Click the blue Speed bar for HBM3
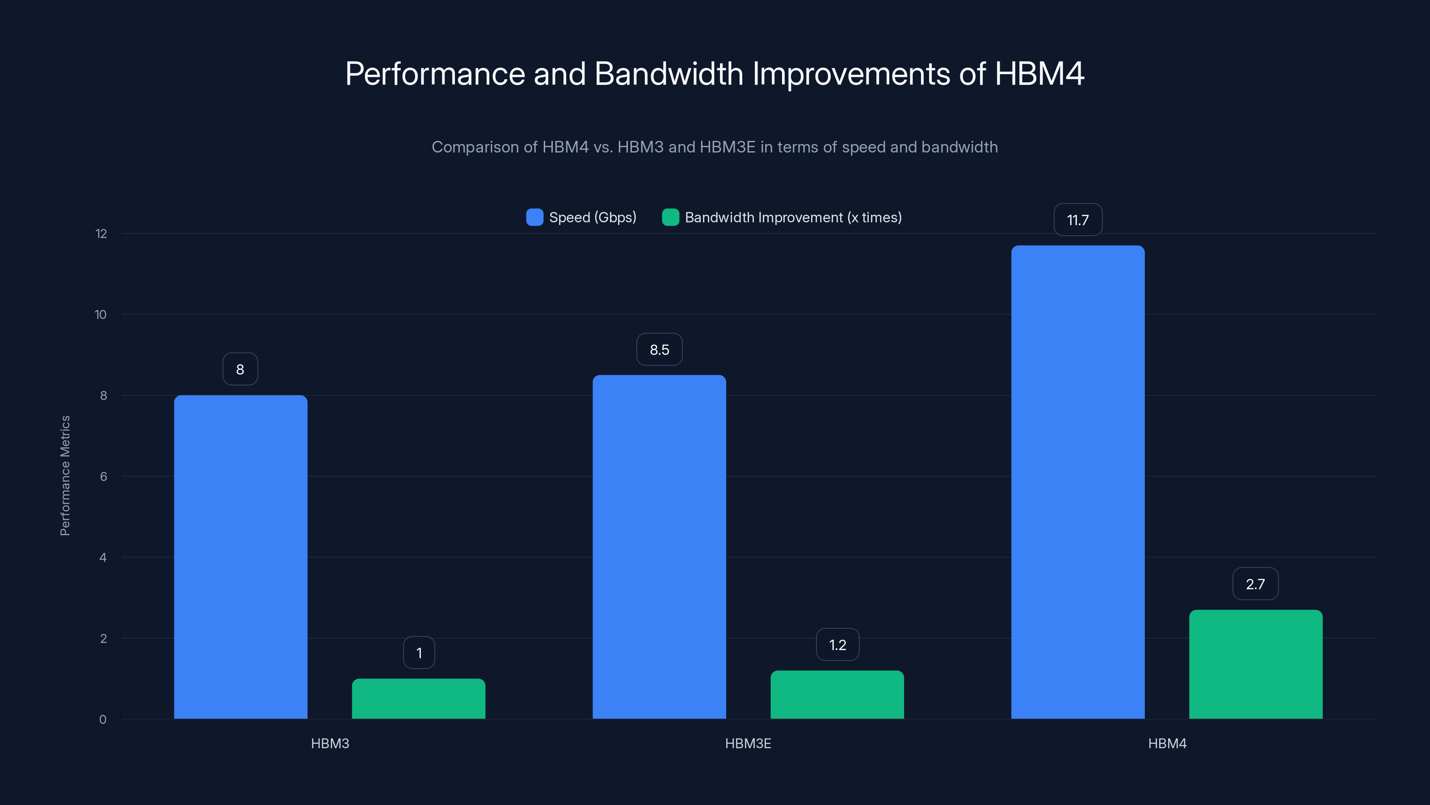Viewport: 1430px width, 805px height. click(x=240, y=557)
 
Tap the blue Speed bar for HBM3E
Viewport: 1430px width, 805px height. click(x=659, y=547)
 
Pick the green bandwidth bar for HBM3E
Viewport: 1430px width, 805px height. click(x=837, y=695)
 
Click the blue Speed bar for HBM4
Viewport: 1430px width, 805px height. click(x=1077, y=482)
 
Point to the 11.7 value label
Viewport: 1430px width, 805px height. click(x=1077, y=220)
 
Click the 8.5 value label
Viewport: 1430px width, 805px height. click(x=659, y=349)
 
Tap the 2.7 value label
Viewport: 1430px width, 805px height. click(x=1255, y=584)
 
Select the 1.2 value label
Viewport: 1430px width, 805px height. click(x=837, y=644)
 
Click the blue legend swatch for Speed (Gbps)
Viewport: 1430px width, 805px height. click(x=534, y=217)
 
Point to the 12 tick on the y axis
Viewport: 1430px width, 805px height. click(x=101, y=234)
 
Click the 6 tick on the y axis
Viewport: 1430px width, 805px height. click(x=103, y=477)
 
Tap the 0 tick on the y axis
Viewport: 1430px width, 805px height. click(x=103, y=720)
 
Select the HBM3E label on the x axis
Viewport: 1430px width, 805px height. click(x=748, y=743)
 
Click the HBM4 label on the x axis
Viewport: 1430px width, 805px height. click(x=1167, y=743)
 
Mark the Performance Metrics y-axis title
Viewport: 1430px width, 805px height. click(x=65, y=475)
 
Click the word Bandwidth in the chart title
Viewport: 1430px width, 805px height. click(x=669, y=73)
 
